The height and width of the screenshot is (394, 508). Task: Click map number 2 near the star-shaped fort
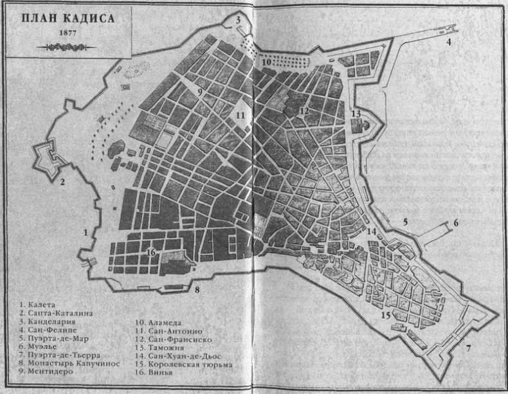[62, 182]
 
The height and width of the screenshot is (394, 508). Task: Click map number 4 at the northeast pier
[449, 42]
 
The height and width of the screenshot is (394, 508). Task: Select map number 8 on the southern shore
[197, 289]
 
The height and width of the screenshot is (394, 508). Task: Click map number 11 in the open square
[240, 116]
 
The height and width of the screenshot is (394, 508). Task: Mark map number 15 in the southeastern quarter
[385, 315]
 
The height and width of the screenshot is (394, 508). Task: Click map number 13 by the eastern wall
[356, 114]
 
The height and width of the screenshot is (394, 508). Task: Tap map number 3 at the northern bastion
[237, 20]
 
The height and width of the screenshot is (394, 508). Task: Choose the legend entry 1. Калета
[39, 303]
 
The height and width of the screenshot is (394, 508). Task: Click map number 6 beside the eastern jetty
[455, 223]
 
